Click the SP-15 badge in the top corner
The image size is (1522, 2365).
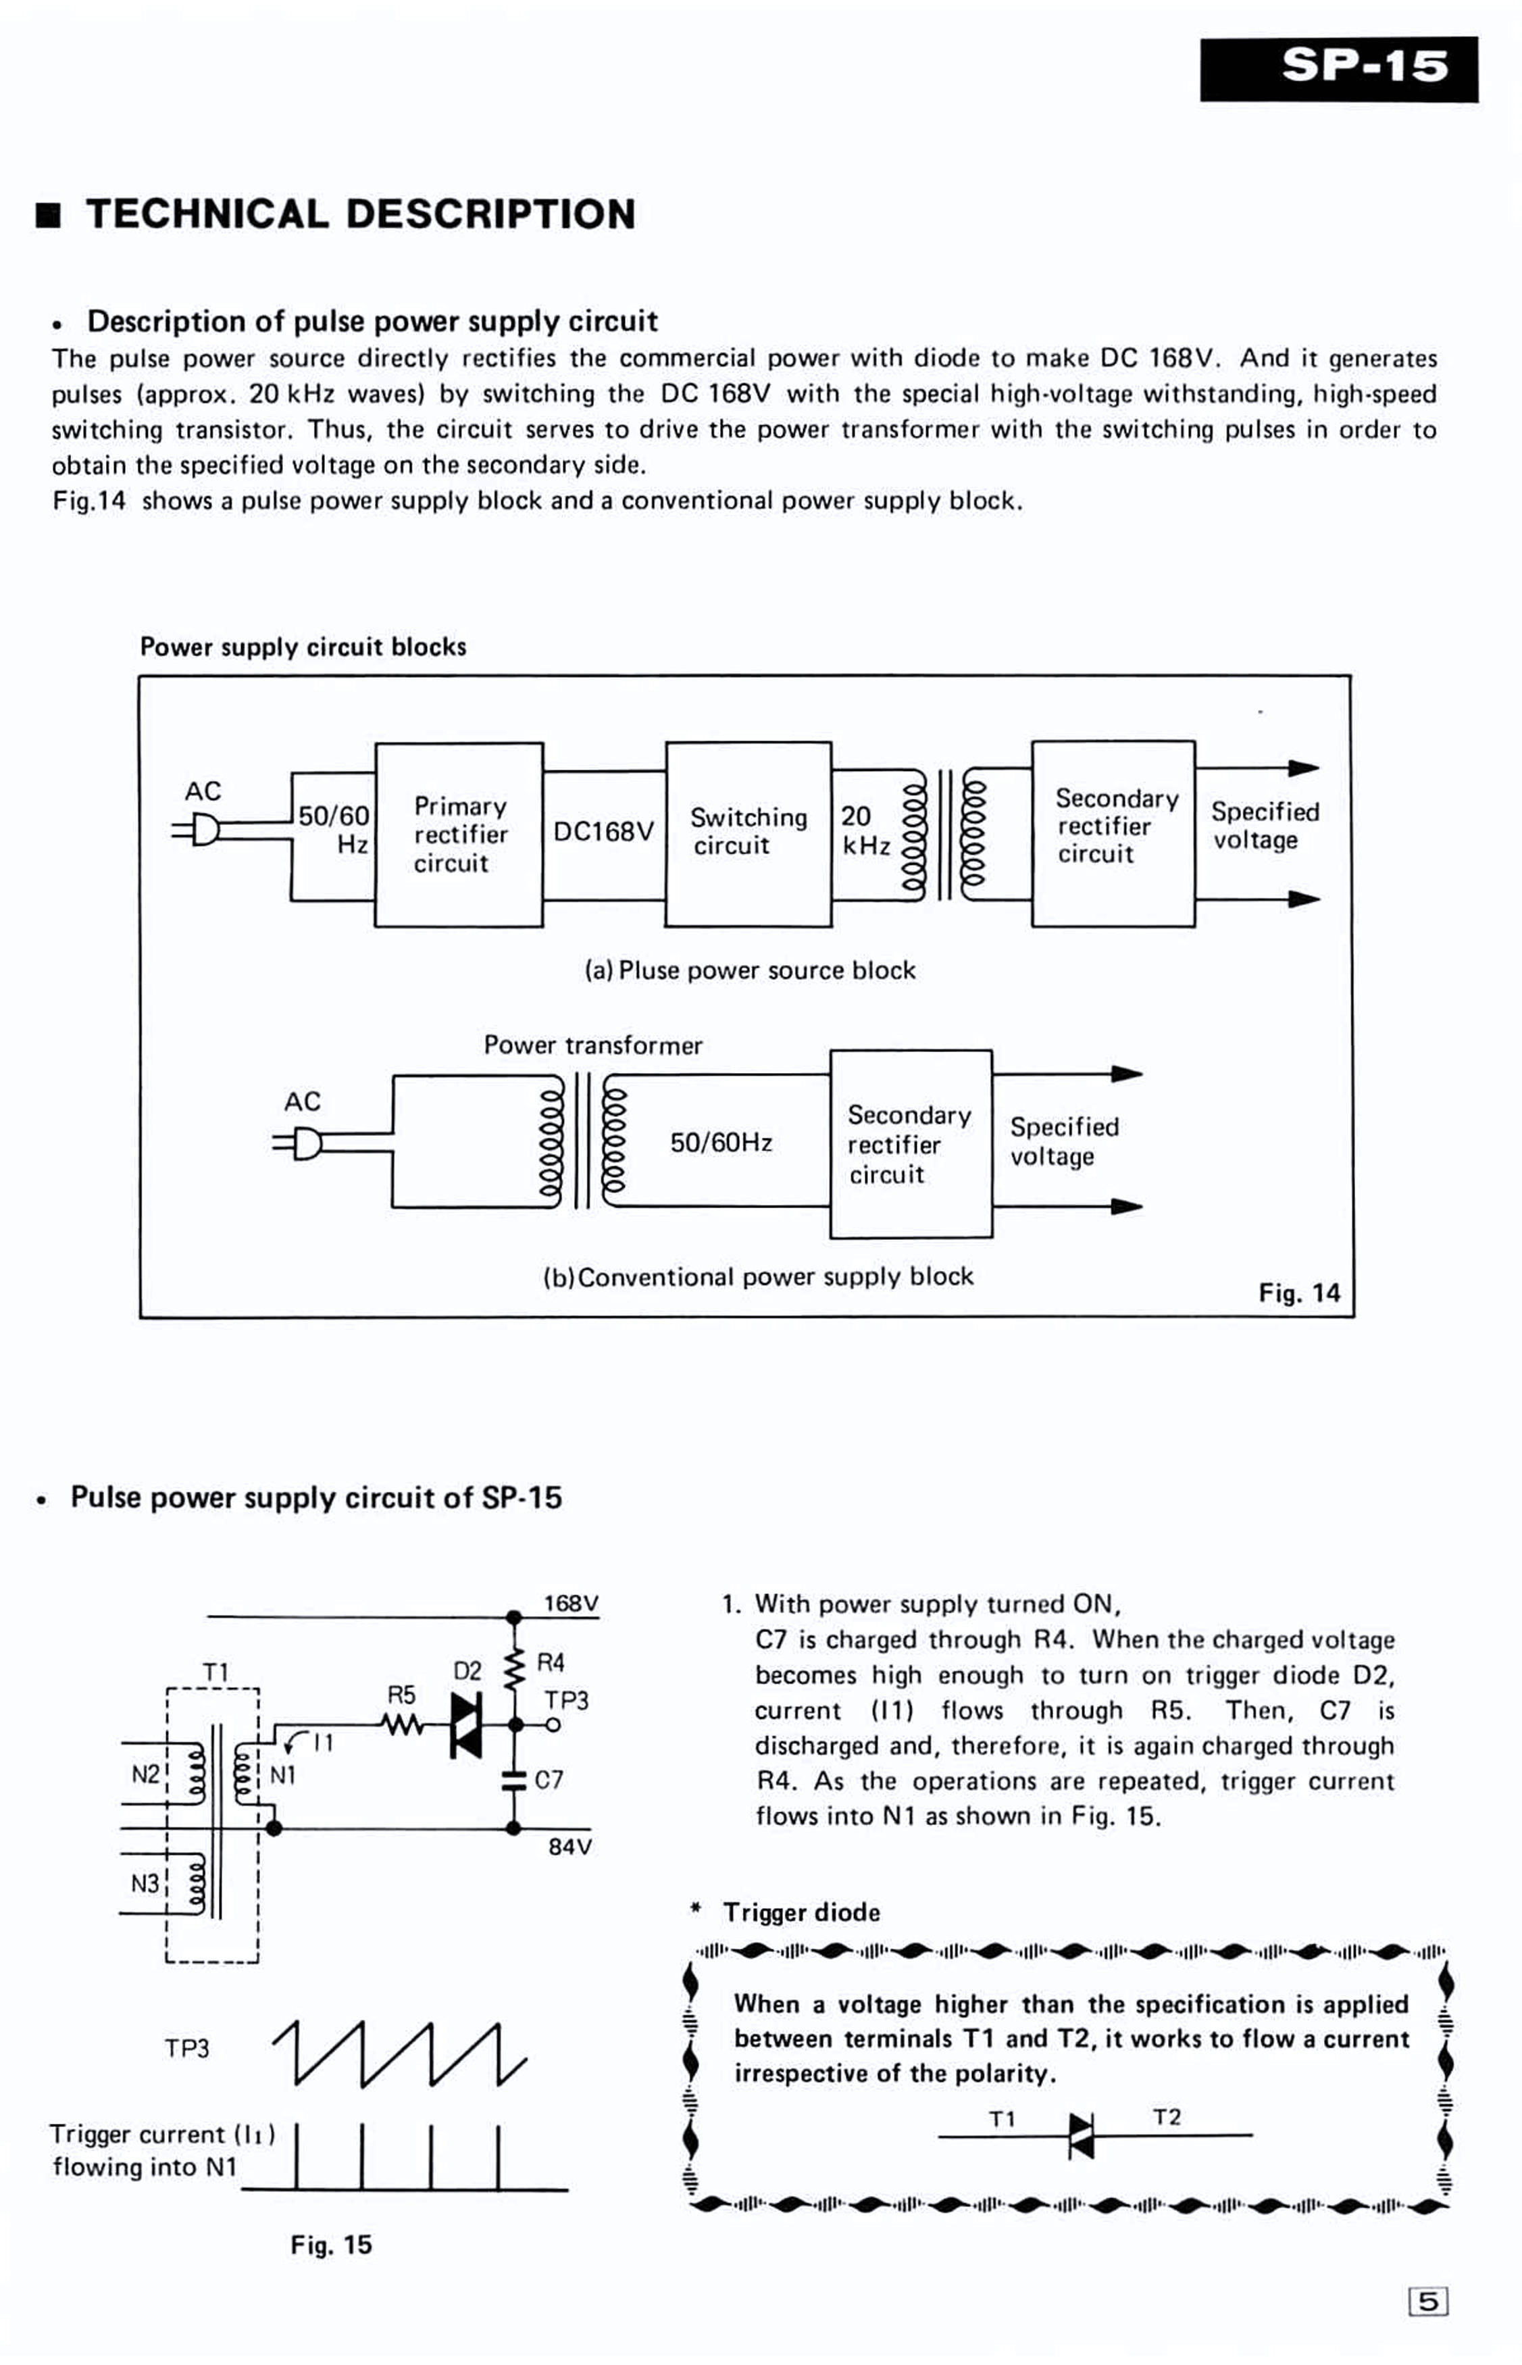click(1339, 69)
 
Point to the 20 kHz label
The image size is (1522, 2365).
click(866, 830)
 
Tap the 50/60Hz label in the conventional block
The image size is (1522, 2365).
click(721, 1143)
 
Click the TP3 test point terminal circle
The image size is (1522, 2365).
click(553, 1726)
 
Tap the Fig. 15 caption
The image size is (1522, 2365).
click(331, 2245)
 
